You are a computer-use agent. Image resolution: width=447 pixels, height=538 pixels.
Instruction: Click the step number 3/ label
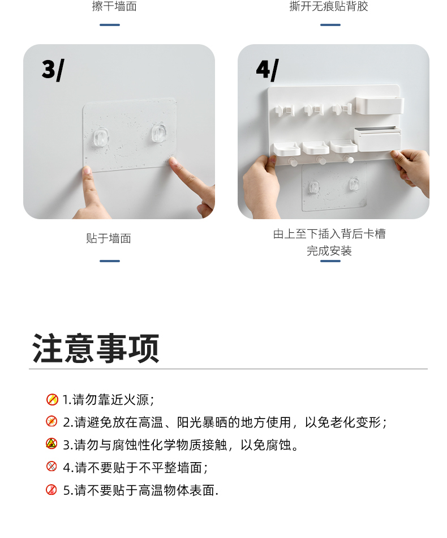pyautogui.click(x=53, y=70)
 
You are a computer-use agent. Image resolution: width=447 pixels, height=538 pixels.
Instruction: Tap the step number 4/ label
pyautogui.click(x=267, y=70)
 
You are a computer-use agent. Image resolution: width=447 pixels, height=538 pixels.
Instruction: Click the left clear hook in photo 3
pyautogui.click(x=101, y=136)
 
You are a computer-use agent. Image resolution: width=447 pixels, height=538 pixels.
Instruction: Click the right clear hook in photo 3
pyautogui.click(x=159, y=133)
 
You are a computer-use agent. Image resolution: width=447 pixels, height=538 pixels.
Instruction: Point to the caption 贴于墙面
pyautogui.click(x=108, y=238)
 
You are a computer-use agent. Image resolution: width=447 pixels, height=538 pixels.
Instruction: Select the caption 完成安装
pyautogui.click(x=329, y=251)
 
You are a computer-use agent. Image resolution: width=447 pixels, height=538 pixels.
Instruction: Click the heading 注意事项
pyautogui.click(x=96, y=348)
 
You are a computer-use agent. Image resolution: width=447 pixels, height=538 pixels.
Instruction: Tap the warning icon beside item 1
pyautogui.click(x=52, y=399)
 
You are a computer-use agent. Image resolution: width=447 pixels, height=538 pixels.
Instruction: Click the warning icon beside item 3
pyautogui.click(x=51, y=443)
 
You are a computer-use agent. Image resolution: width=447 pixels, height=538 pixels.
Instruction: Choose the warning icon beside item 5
pyautogui.click(x=51, y=490)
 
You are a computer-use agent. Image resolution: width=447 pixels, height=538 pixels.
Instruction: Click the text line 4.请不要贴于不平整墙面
pyautogui.click(x=135, y=467)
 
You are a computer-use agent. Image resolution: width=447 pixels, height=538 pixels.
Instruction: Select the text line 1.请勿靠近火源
pyautogui.click(x=108, y=400)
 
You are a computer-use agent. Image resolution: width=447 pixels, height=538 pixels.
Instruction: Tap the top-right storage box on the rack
pyautogui.click(x=380, y=105)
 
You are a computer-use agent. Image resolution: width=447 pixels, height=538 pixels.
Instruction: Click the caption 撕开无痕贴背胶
pyautogui.click(x=328, y=6)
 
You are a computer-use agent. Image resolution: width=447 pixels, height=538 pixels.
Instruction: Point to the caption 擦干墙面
pyautogui.click(x=114, y=6)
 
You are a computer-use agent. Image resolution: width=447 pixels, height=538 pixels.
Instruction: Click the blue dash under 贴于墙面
pyautogui.click(x=110, y=261)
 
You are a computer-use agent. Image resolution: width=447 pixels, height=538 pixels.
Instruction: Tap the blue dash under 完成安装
pyautogui.click(x=330, y=261)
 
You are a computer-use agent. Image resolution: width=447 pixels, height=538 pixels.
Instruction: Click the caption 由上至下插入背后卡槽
pyautogui.click(x=329, y=234)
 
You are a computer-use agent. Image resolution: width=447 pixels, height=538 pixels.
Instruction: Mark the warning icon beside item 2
pyautogui.click(x=51, y=421)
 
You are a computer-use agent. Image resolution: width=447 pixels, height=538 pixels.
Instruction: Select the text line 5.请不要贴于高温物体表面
pyautogui.click(x=140, y=490)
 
